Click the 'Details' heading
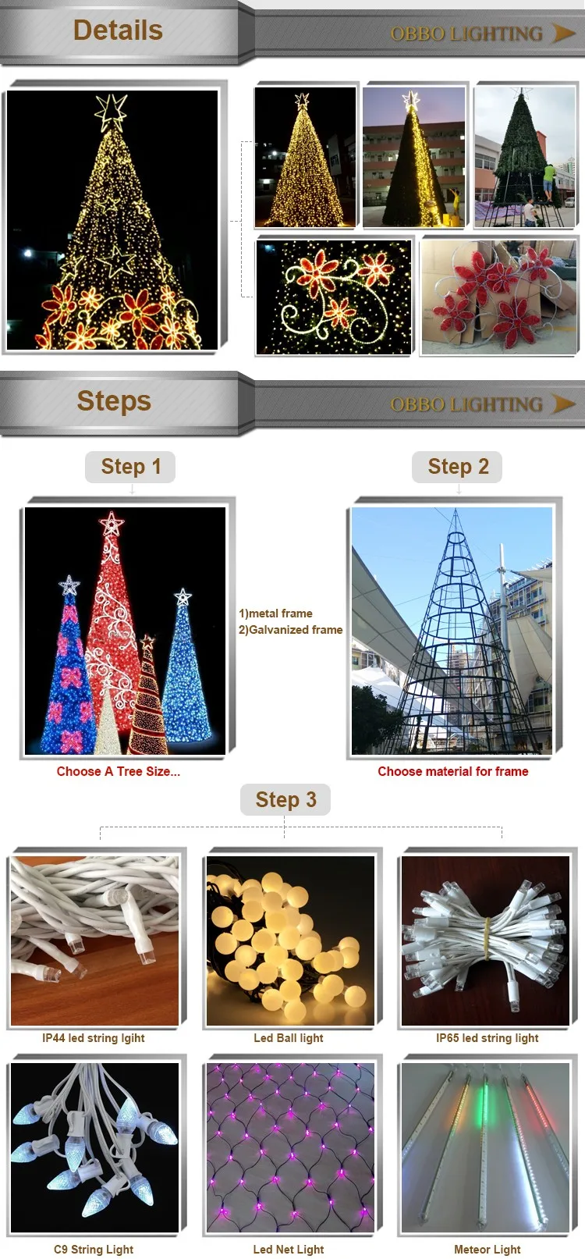118,30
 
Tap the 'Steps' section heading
114,401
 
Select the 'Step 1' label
130,467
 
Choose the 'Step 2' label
458,467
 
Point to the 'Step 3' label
285,800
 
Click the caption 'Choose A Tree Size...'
118,771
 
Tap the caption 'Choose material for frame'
452,771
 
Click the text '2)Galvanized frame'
290,630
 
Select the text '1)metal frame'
275,613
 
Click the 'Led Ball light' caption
288,1038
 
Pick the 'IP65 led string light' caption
487,1038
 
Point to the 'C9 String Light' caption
94,1250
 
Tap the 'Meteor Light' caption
487,1250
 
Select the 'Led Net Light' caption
288,1250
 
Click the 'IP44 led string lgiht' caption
94,1038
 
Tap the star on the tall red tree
112,523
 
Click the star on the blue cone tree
183,598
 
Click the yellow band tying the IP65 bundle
487,940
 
